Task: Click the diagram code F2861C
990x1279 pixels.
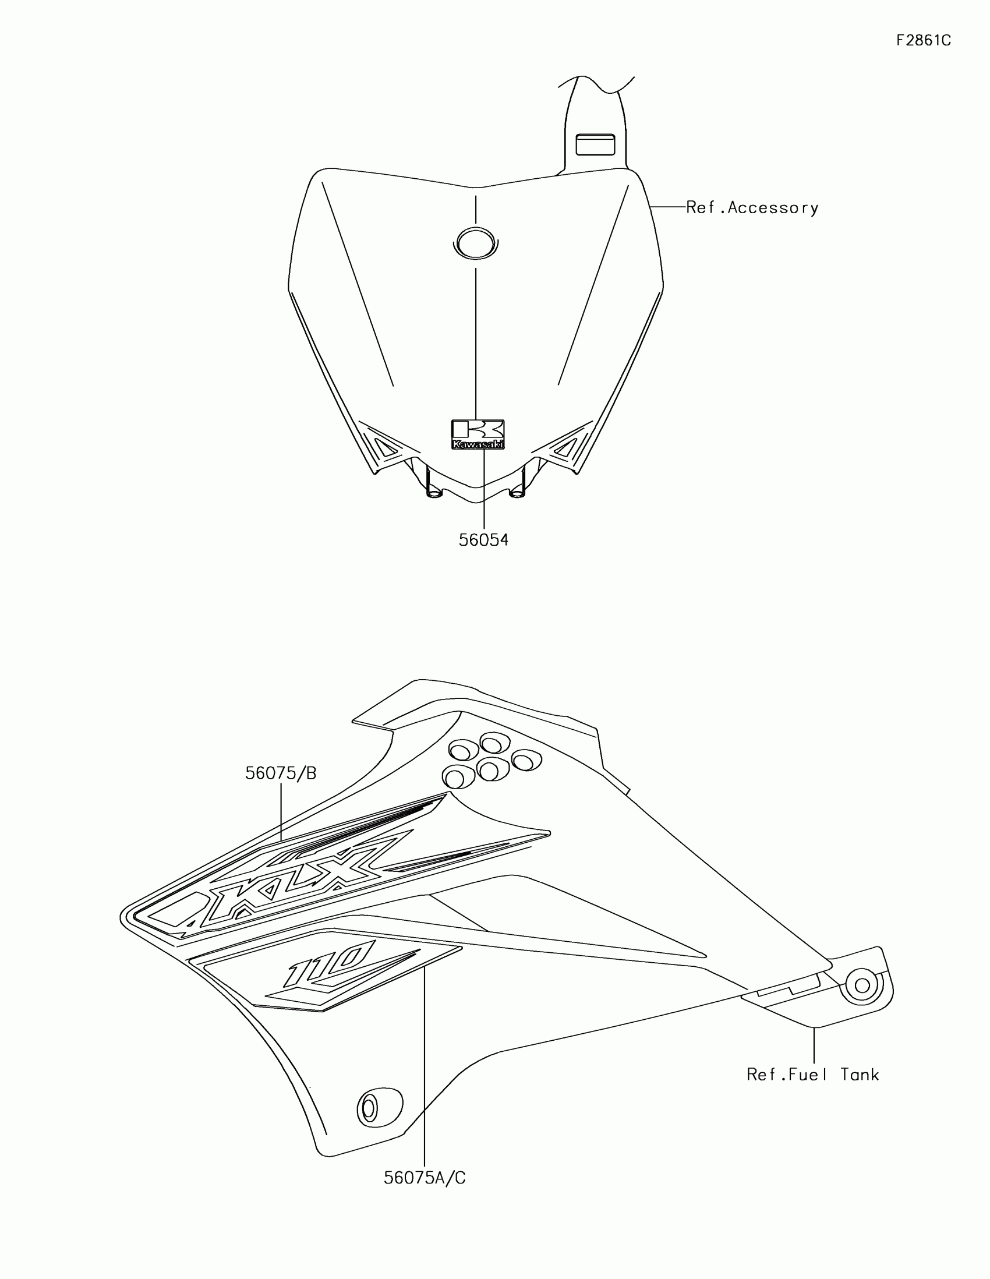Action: point(923,40)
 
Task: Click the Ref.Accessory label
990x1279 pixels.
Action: point(752,208)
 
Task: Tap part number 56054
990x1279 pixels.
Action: point(483,540)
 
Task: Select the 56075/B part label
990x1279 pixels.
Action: point(281,773)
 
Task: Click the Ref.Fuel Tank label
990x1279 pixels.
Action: point(812,1075)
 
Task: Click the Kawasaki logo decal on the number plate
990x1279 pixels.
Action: point(478,434)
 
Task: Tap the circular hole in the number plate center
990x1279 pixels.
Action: point(475,242)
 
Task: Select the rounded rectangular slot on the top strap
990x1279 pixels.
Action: point(595,144)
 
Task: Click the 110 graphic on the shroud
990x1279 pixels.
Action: point(331,964)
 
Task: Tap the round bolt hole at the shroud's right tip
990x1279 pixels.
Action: point(861,985)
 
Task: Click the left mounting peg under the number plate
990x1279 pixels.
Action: point(434,493)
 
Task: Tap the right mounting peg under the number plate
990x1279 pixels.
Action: point(518,493)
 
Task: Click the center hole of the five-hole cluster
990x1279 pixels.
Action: point(492,769)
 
